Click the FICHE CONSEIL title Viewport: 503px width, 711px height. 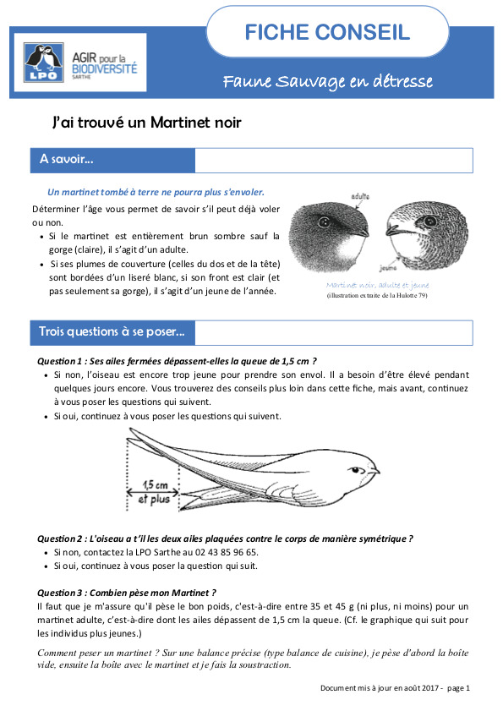point(327,33)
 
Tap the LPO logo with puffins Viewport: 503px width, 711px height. point(42,62)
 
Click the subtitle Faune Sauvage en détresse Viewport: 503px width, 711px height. point(327,82)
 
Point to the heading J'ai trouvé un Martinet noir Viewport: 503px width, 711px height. point(146,123)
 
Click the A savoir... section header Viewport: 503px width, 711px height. point(67,160)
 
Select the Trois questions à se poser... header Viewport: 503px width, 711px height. point(112,332)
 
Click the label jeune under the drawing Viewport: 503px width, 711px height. point(390,264)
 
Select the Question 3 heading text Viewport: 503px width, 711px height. point(127,593)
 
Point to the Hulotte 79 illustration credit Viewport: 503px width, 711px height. point(376,295)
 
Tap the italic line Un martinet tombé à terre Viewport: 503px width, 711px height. point(156,192)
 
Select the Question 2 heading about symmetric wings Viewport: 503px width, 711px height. point(226,538)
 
